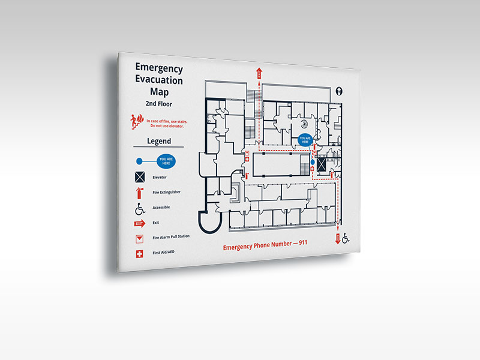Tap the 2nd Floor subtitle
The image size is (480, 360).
(158, 104)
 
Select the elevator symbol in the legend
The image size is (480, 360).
(140, 177)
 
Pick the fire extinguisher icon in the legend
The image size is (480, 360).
(140, 193)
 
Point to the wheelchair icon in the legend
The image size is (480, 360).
(140, 209)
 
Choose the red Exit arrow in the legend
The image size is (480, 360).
(140, 224)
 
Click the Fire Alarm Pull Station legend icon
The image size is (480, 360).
(140, 239)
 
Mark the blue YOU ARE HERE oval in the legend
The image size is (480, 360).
(167, 160)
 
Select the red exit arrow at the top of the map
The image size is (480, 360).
(259, 73)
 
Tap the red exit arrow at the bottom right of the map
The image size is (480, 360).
(337, 238)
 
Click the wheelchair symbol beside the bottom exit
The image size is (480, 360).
(347, 239)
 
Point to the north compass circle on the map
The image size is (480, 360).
(340, 91)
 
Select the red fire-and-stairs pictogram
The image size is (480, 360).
(136, 122)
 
